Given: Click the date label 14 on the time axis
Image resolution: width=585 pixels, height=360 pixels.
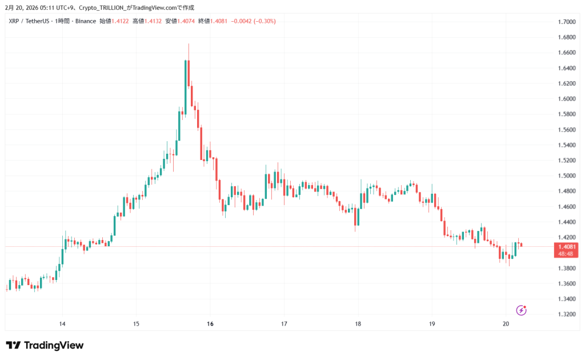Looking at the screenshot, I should (x=62, y=324).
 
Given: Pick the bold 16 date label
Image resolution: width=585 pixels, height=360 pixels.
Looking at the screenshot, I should (x=210, y=324).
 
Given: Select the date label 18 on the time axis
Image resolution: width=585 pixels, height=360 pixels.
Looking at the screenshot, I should (x=358, y=324).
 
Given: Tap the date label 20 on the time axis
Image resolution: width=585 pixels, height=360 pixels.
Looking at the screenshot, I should (x=506, y=324).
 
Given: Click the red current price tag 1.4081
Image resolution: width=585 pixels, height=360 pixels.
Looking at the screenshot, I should (x=566, y=246).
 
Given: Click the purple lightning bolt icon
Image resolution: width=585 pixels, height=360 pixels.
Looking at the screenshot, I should (x=521, y=310).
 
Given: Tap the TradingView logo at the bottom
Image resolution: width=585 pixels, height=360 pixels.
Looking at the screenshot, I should (x=45, y=345).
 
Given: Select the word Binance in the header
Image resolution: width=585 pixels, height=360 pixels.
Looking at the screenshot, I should (x=86, y=21).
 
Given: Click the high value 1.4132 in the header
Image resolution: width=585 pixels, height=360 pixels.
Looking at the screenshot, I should (x=153, y=21).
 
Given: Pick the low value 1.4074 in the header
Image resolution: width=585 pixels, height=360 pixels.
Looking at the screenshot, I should (x=186, y=21).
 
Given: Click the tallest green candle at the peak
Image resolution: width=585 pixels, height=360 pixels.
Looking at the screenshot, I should (x=186, y=86).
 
